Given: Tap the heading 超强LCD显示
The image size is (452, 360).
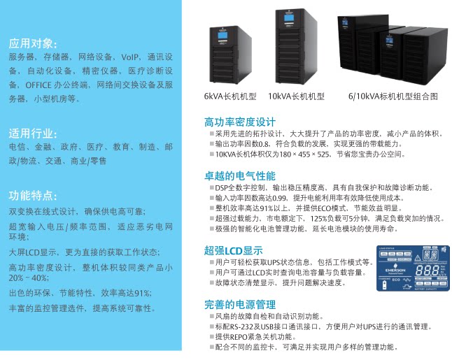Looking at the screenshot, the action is [x=233, y=250].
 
